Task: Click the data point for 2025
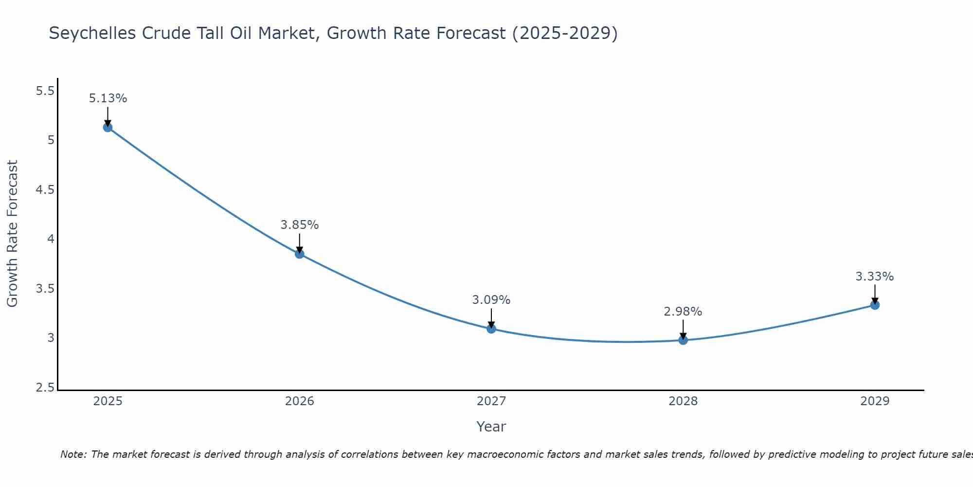tap(108, 128)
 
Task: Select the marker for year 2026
tap(299, 254)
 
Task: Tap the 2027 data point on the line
tap(491, 329)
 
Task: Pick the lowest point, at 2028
tap(683, 340)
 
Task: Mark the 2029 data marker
tap(875, 305)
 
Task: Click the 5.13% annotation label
tap(108, 98)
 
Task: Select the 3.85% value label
tap(299, 225)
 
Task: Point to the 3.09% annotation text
tap(491, 300)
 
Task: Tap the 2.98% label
tap(683, 312)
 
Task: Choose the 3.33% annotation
tap(874, 277)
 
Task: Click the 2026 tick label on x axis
tap(299, 401)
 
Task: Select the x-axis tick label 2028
tap(683, 401)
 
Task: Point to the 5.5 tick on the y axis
tap(45, 91)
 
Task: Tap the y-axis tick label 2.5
tap(45, 388)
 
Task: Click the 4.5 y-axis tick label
tap(45, 190)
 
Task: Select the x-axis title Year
tap(491, 427)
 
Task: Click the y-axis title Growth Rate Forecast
tap(12, 233)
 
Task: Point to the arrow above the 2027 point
tap(491, 318)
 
